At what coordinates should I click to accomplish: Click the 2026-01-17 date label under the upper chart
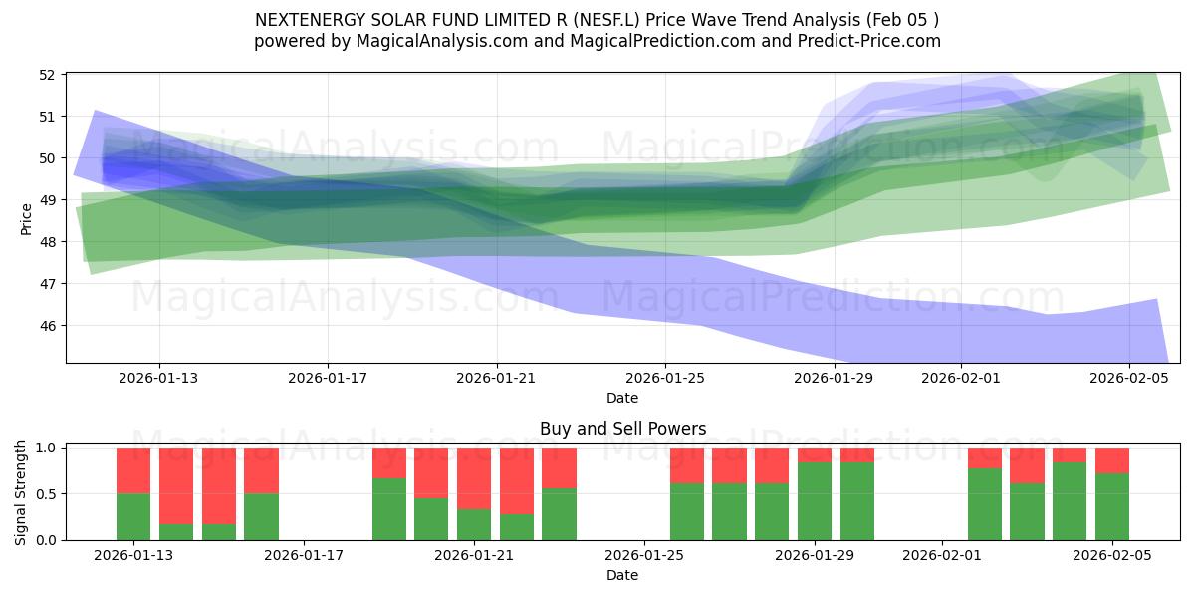(328, 378)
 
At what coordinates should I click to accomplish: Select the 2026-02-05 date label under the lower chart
(1112, 555)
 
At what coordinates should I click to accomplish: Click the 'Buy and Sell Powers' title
(622, 429)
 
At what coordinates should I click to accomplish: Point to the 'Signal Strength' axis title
(21, 492)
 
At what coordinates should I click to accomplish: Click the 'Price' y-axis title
(27, 217)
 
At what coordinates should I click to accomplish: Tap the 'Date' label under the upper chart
(622, 398)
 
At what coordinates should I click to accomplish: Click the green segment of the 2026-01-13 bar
(133, 516)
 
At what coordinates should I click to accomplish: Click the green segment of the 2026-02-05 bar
(1112, 506)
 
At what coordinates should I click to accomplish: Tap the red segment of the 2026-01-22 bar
(517, 480)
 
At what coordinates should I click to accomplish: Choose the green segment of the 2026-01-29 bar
(815, 501)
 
